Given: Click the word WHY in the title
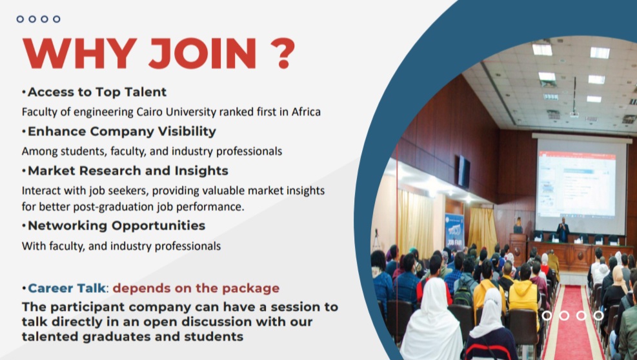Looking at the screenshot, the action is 79,53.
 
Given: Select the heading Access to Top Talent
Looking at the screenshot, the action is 97,92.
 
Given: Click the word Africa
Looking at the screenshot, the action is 306,112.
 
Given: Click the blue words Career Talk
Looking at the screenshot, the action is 66,288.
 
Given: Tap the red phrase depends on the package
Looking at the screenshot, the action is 196,288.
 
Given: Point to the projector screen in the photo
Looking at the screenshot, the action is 581,185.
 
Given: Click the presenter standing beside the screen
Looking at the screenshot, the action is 563,230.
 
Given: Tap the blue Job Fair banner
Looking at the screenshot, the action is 454,231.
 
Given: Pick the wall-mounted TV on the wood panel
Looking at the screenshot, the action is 463,172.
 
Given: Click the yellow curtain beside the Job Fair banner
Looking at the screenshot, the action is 482,230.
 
